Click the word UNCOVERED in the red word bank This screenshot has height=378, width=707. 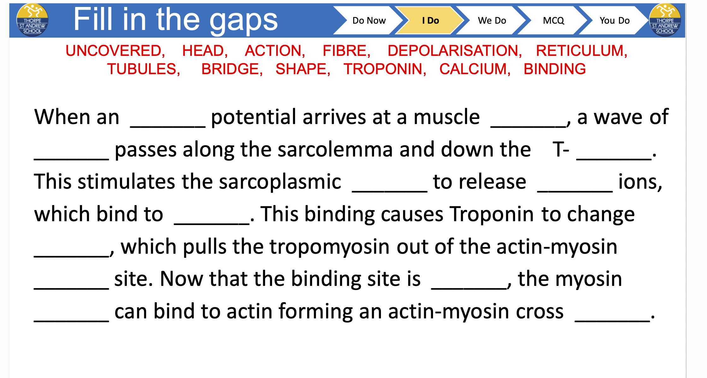click(114, 51)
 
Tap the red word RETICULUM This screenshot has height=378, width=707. click(580, 51)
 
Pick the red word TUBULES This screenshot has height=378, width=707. click(142, 69)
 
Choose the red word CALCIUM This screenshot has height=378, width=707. click(473, 69)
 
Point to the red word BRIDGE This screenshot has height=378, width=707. click(230, 69)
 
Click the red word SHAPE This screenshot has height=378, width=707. click(301, 69)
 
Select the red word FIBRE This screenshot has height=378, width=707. click(344, 51)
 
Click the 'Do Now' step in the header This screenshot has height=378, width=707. click(369, 21)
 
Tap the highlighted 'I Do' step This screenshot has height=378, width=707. click(430, 21)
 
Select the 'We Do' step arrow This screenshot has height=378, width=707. click(492, 21)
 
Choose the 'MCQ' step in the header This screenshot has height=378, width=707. click(553, 21)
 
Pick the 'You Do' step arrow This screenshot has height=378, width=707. click(614, 21)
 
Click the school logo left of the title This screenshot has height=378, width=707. click(32, 20)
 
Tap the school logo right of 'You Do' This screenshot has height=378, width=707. click(665, 20)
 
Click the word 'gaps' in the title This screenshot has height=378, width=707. click(244, 21)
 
